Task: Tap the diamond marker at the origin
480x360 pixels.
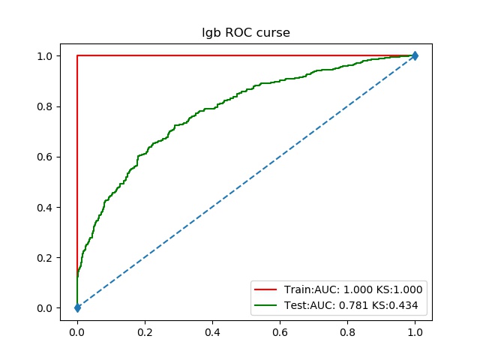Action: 77,307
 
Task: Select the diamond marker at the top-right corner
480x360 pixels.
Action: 415,55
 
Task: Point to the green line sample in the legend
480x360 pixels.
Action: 266,305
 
